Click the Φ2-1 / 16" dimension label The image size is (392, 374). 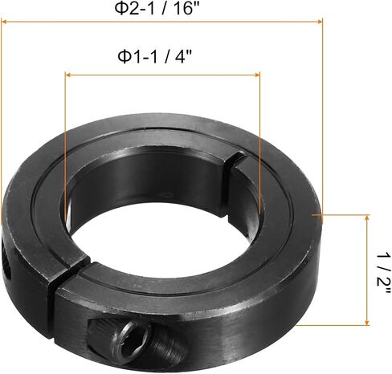(x=157, y=9)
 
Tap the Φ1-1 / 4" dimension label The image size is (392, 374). (x=155, y=56)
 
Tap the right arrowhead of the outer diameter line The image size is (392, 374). (x=320, y=22)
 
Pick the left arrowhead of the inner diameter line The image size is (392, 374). (x=67, y=75)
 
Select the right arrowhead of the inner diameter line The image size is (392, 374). (x=257, y=75)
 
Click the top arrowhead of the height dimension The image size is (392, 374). (x=367, y=217)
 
